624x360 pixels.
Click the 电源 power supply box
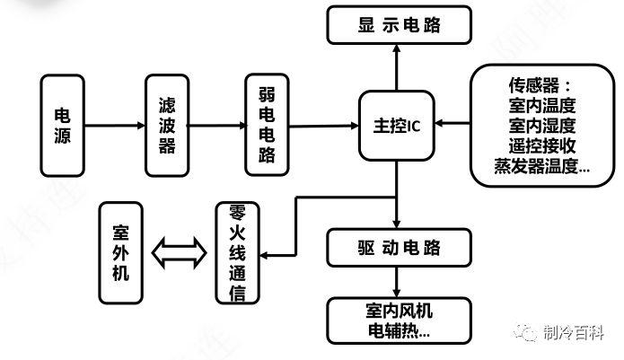pyautogui.click(x=62, y=125)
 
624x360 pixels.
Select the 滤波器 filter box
pyautogui.click(x=167, y=125)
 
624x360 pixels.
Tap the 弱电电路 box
pyautogui.click(x=267, y=125)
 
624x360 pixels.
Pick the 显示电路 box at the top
pyautogui.click(x=399, y=25)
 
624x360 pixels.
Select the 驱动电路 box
pyautogui.click(x=399, y=245)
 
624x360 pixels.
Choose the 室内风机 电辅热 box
pyautogui.click(x=399, y=319)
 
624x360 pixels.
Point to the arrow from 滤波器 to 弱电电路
pyautogui.click(x=217, y=125)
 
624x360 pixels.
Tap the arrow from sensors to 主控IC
pyautogui.click(x=453, y=123)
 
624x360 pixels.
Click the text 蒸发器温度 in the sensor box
pyautogui.click(x=541, y=166)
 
